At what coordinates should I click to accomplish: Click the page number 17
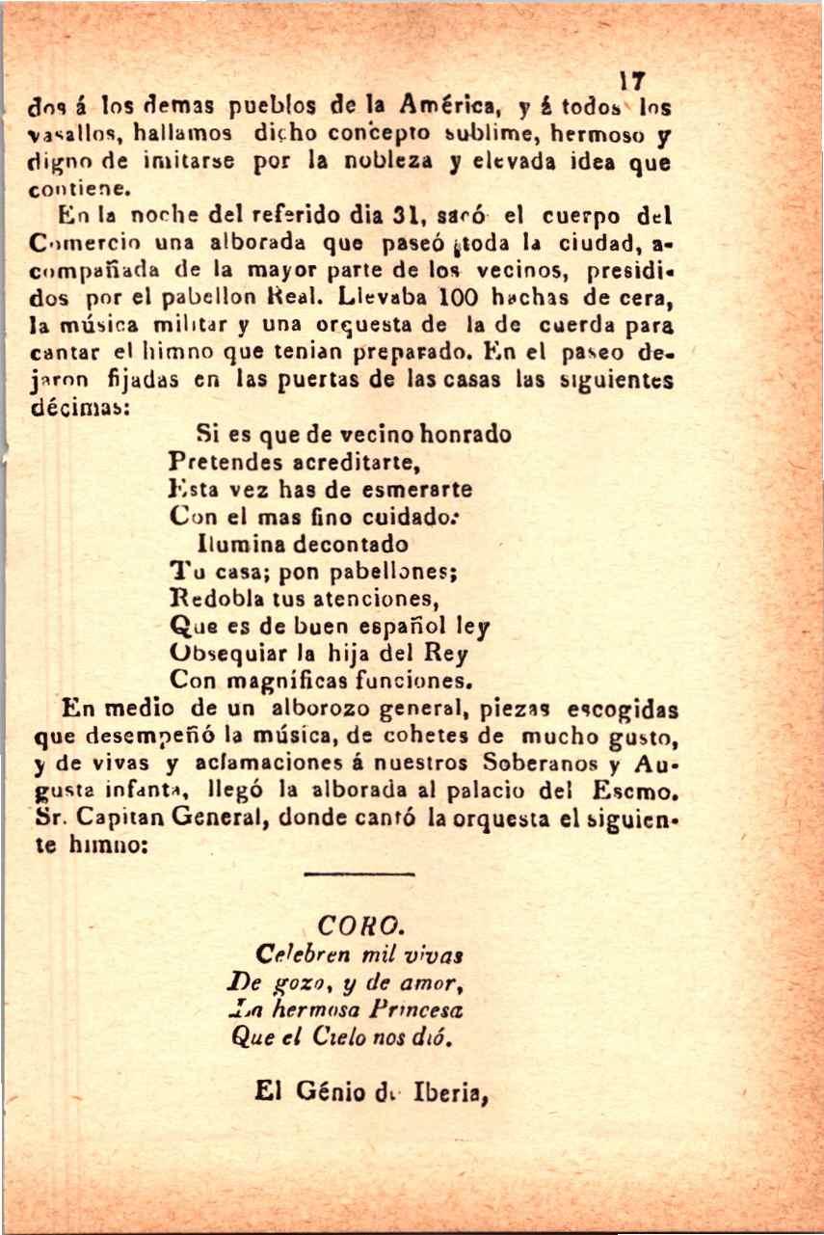click(633, 81)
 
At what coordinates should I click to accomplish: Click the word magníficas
click(286, 680)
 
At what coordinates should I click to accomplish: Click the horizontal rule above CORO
click(358, 873)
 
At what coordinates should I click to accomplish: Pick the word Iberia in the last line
click(451, 1092)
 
